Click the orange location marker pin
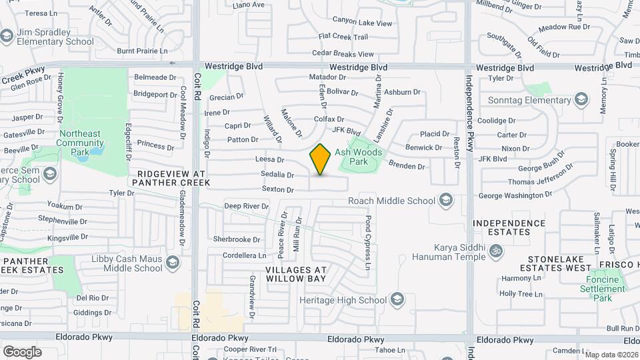click(x=320, y=159)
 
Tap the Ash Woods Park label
click(x=359, y=157)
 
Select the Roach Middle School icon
click(x=446, y=200)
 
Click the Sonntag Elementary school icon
click(x=581, y=101)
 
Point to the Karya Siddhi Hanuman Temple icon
click(x=495, y=251)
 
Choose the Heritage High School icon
click(x=398, y=299)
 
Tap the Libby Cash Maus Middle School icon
click(x=173, y=263)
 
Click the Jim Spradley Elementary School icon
click(x=7, y=36)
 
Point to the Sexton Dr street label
click(x=277, y=190)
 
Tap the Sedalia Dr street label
click(x=277, y=175)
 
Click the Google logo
click(x=22, y=351)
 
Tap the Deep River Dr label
click(x=246, y=206)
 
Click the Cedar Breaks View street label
click(x=343, y=54)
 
